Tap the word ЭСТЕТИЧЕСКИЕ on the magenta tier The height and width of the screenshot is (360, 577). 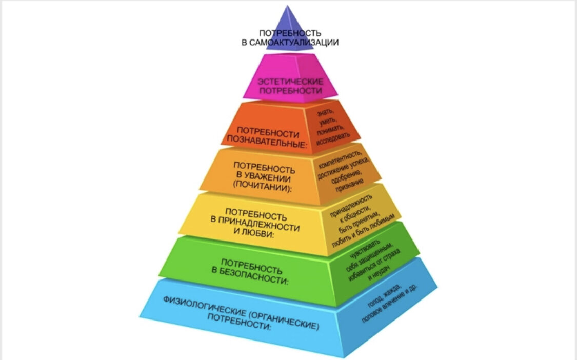290,82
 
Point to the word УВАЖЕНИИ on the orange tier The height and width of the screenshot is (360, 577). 263,177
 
